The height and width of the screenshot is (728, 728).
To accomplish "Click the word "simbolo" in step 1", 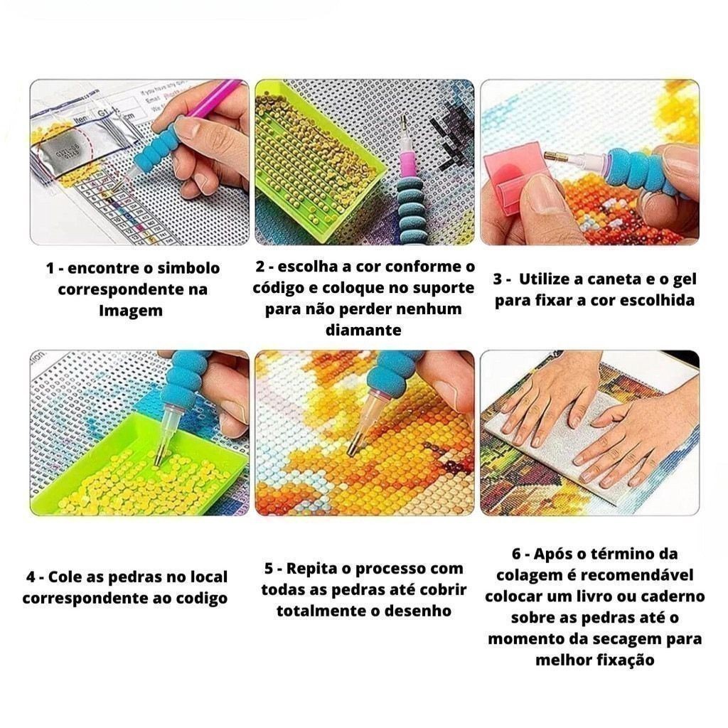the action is [x=188, y=268].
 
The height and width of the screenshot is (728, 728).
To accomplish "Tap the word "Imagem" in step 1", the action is [x=131, y=311].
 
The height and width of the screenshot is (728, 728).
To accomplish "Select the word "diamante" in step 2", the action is [x=363, y=330].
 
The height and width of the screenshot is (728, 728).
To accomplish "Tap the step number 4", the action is [x=31, y=577].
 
